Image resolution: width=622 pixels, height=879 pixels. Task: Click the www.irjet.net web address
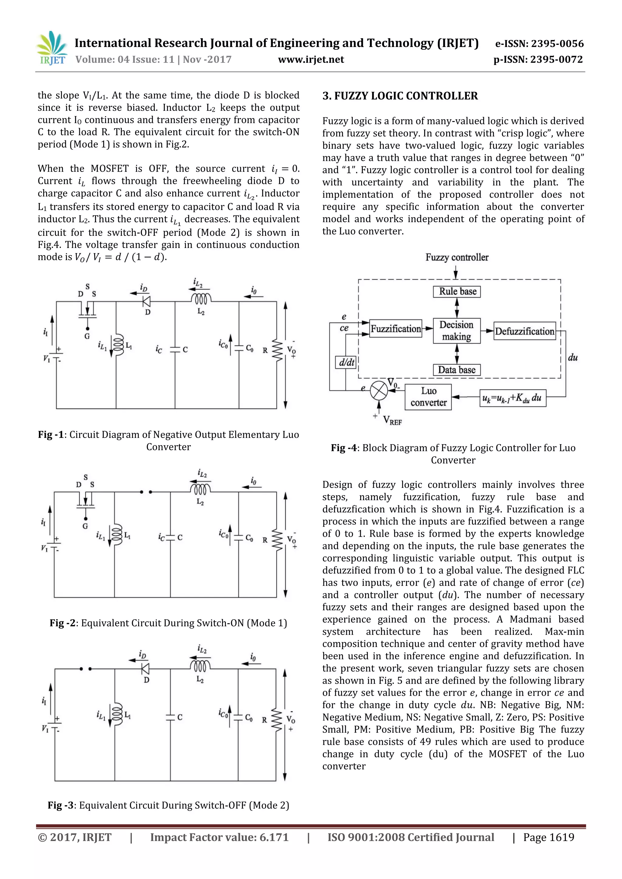tap(311, 59)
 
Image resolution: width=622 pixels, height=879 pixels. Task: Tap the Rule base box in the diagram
tap(457, 292)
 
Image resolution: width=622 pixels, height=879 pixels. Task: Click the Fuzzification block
tap(395, 329)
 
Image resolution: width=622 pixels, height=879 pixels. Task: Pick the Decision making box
tap(456, 330)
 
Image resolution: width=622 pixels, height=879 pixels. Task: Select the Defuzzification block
tap(524, 331)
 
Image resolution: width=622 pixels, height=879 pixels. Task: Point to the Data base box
tap(456, 370)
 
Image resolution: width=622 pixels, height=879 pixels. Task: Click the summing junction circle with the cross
tap(379, 390)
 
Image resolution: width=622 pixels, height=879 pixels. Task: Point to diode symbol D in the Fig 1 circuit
tap(146, 302)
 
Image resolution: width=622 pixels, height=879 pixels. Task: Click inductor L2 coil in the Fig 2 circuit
tap(200, 490)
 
